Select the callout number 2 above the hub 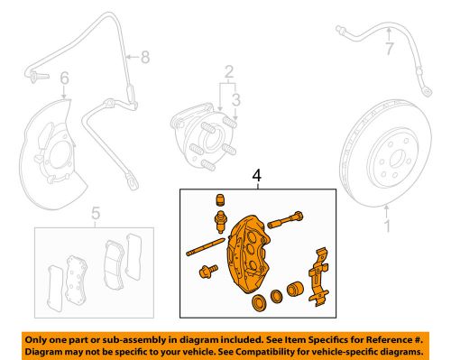coord(229,71)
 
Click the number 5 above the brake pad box coord(95,215)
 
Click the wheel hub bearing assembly coord(204,136)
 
